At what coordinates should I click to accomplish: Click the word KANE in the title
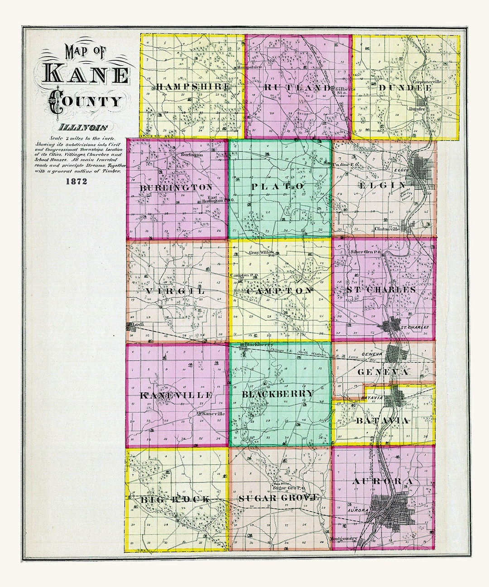click(86, 74)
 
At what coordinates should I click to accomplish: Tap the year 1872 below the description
click(76, 182)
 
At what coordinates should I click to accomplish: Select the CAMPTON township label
click(279, 291)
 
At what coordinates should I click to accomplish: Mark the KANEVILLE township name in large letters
click(176, 395)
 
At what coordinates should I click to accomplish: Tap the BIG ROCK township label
click(175, 499)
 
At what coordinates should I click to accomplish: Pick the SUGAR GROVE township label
click(279, 498)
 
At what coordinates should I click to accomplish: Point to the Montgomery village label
click(344, 539)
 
